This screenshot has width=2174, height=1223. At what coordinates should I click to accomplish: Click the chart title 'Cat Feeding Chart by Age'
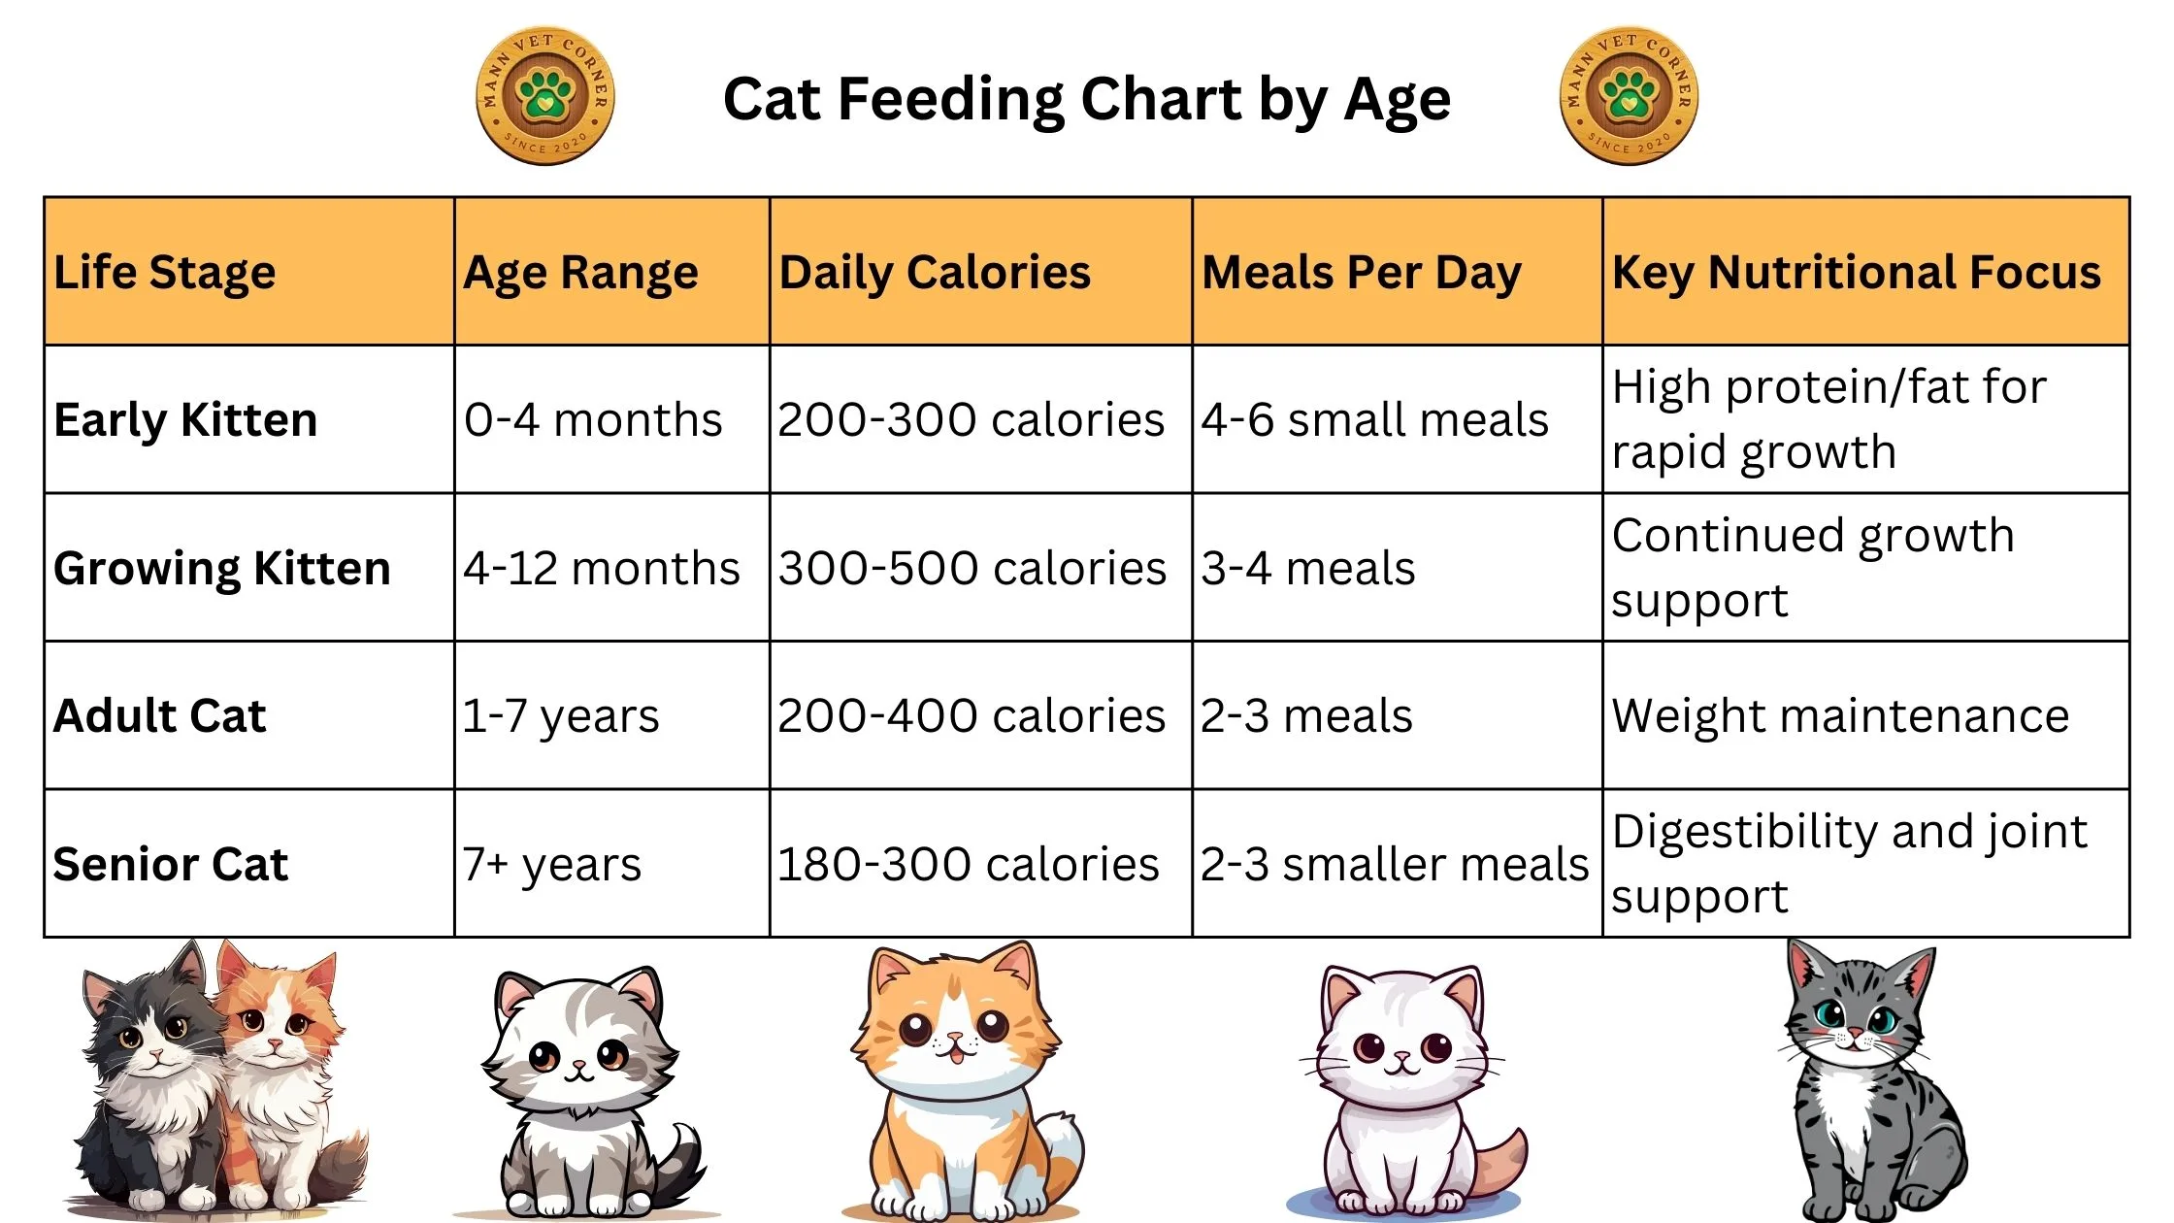click(x=1087, y=99)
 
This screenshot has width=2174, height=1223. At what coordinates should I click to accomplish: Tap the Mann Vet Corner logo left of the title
click(x=545, y=96)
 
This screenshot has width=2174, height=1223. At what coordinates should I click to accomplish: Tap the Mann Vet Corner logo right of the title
click(x=1629, y=96)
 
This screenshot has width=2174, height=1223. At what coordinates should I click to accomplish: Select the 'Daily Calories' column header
click(x=935, y=273)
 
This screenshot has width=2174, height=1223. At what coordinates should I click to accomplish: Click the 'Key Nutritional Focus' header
click(x=1856, y=273)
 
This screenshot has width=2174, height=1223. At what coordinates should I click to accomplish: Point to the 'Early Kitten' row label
click(x=185, y=420)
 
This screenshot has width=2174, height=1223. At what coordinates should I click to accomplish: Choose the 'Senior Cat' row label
click(x=171, y=864)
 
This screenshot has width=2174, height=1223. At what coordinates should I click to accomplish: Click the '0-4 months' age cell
click(x=593, y=420)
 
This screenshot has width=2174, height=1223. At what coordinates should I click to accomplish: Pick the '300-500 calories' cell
click(x=972, y=568)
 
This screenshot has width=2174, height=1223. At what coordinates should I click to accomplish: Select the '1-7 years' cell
click(x=561, y=716)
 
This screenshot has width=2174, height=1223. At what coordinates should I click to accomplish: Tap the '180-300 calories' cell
click(x=968, y=864)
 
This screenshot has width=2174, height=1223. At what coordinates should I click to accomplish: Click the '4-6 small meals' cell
click(x=1374, y=420)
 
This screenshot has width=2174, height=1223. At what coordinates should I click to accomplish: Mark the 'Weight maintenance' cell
click(x=1840, y=716)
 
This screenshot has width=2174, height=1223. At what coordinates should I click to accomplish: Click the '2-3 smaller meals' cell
click(x=1395, y=864)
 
